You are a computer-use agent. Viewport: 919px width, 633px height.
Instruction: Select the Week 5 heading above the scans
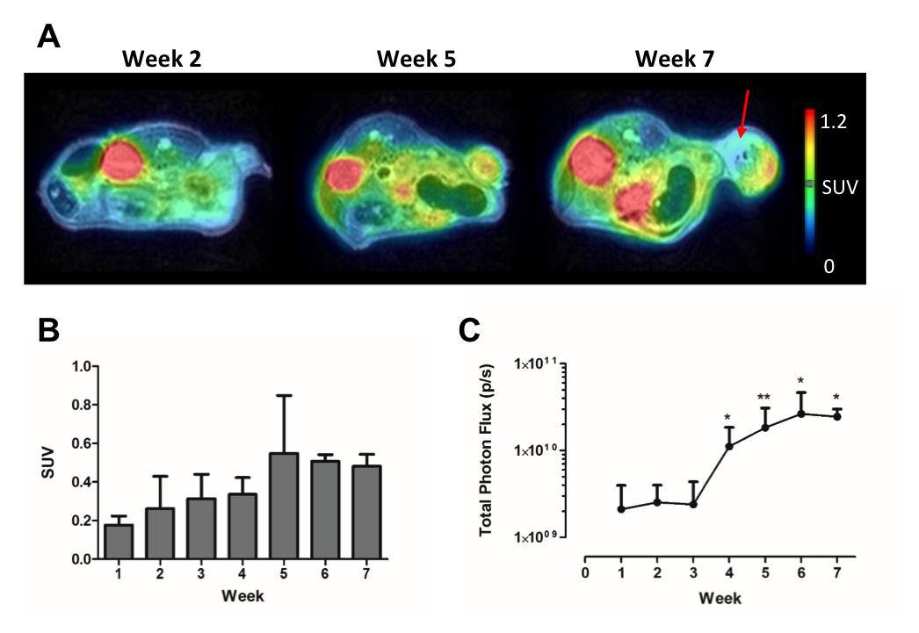click(416, 59)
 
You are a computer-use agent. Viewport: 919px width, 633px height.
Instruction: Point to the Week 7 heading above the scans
click(675, 59)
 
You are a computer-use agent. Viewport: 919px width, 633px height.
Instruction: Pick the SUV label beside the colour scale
click(840, 187)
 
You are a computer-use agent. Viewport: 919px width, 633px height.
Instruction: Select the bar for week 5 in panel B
click(283, 505)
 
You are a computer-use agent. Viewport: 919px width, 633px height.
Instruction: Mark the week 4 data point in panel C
click(729, 447)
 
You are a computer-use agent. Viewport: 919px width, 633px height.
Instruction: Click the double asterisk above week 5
click(764, 399)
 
